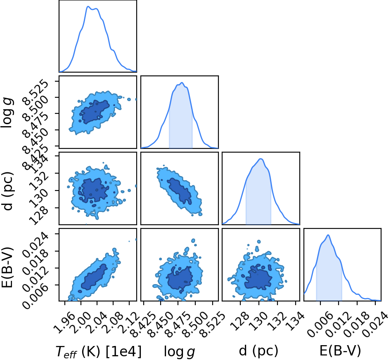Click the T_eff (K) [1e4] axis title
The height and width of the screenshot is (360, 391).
tap(98, 352)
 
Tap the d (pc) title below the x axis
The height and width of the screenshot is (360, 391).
tap(258, 351)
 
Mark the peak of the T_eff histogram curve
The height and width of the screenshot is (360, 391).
tap(88, 7)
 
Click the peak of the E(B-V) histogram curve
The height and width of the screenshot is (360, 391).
tap(328, 235)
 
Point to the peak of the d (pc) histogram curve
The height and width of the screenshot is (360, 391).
tap(261, 159)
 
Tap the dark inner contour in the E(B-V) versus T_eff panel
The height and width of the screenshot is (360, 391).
tap(94, 277)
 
